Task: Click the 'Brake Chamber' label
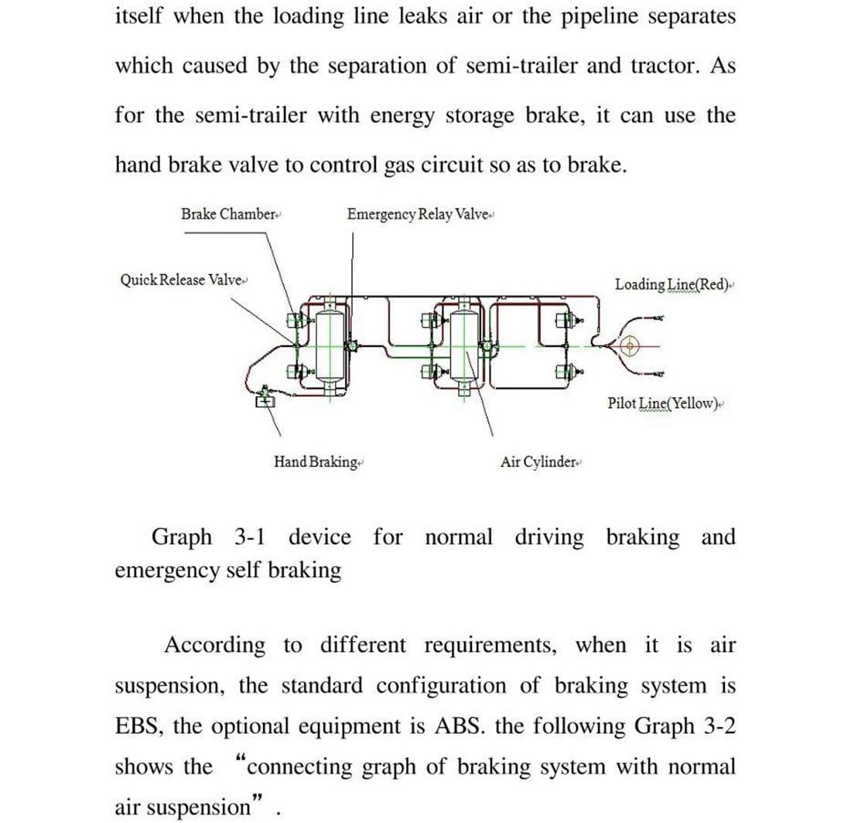229,214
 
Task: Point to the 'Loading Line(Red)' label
672,284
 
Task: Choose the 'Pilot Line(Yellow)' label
663,403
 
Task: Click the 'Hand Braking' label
316,462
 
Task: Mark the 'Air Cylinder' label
538,462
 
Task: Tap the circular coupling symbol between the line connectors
628,345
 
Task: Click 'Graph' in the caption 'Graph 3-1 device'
181,537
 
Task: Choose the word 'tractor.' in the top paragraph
660,66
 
